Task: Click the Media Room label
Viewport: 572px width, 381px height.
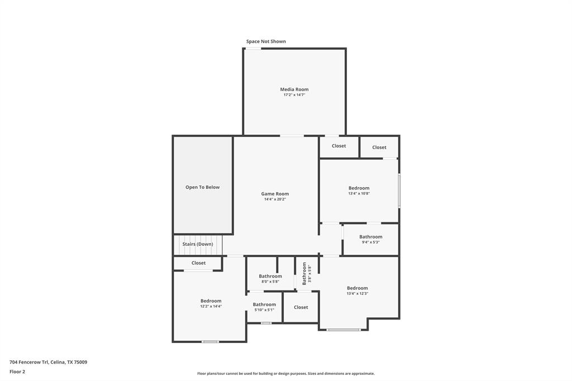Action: [x=294, y=89]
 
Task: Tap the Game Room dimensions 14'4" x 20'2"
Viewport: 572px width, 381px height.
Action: [x=275, y=199]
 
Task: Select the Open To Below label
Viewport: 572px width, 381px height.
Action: [x=202, y=187]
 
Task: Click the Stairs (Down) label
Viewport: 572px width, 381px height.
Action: [x=197, y=244]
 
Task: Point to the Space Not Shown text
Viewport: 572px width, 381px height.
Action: [x=266, y=41]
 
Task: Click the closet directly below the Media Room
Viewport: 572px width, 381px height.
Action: [x=339, y=146]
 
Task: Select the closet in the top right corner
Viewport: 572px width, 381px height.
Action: [x=379, y=147]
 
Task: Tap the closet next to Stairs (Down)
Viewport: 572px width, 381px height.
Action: [x=198, y=263]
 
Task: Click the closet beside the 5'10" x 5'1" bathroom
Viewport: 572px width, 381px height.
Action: [x=301, y=307]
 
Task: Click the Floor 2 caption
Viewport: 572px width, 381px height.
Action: [x=17, y=372]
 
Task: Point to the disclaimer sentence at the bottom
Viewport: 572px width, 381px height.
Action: [x=285, y=374]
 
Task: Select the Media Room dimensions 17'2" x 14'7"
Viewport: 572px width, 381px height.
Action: [x=294, y=95]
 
